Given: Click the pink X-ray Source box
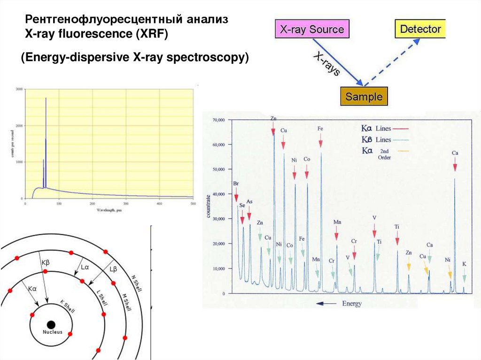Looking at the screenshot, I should tap(312, 30).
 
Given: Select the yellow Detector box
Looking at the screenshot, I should tap(420, 29).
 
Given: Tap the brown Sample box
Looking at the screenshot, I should tap(364, 97).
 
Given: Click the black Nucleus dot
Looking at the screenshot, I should tap(51, 324).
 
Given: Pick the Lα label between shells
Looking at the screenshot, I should tap(85, 268).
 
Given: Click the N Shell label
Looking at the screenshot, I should tap(137, 284).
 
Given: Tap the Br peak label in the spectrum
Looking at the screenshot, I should tap(236, 184).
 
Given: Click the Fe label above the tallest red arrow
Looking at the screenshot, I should tap(320, 128).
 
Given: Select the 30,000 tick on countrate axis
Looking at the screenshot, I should tap(219, 219).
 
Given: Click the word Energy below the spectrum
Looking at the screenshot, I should tap(352, 304).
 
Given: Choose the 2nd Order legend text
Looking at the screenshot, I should tap(384, 154).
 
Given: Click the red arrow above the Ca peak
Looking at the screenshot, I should tap(455, 164).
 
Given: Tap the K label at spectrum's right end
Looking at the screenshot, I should tap(464, 264).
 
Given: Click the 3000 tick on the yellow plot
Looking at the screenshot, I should tap(19, 89).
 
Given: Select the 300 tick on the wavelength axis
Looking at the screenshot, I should tap(126, 203).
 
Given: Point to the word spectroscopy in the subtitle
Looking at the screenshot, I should tap(202, 57).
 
